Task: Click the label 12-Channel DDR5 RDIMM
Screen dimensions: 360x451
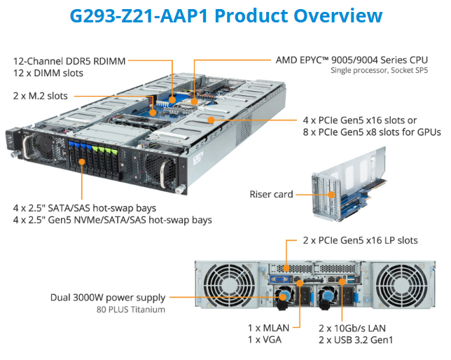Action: pyautogui.click(x=69, y=61)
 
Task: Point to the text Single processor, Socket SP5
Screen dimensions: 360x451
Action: pyautogui.click(x=378, y=71)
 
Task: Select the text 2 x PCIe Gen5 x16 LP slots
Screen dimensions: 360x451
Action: pyautogui.click(x=360, y=240)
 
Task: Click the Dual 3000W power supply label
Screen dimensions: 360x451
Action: pyautogui.click(x=110, y=297)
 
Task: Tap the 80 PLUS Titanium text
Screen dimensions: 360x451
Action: pyautogui.click(x=132, y=310)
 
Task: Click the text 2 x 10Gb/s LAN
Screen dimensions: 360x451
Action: pyautogui.click(x=352, y=327)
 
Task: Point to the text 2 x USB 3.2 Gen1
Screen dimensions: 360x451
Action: pyautogui.click(x=356, y=340)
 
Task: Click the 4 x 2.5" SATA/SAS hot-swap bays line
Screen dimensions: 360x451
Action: pyautogui.click(x=85, y=208)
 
